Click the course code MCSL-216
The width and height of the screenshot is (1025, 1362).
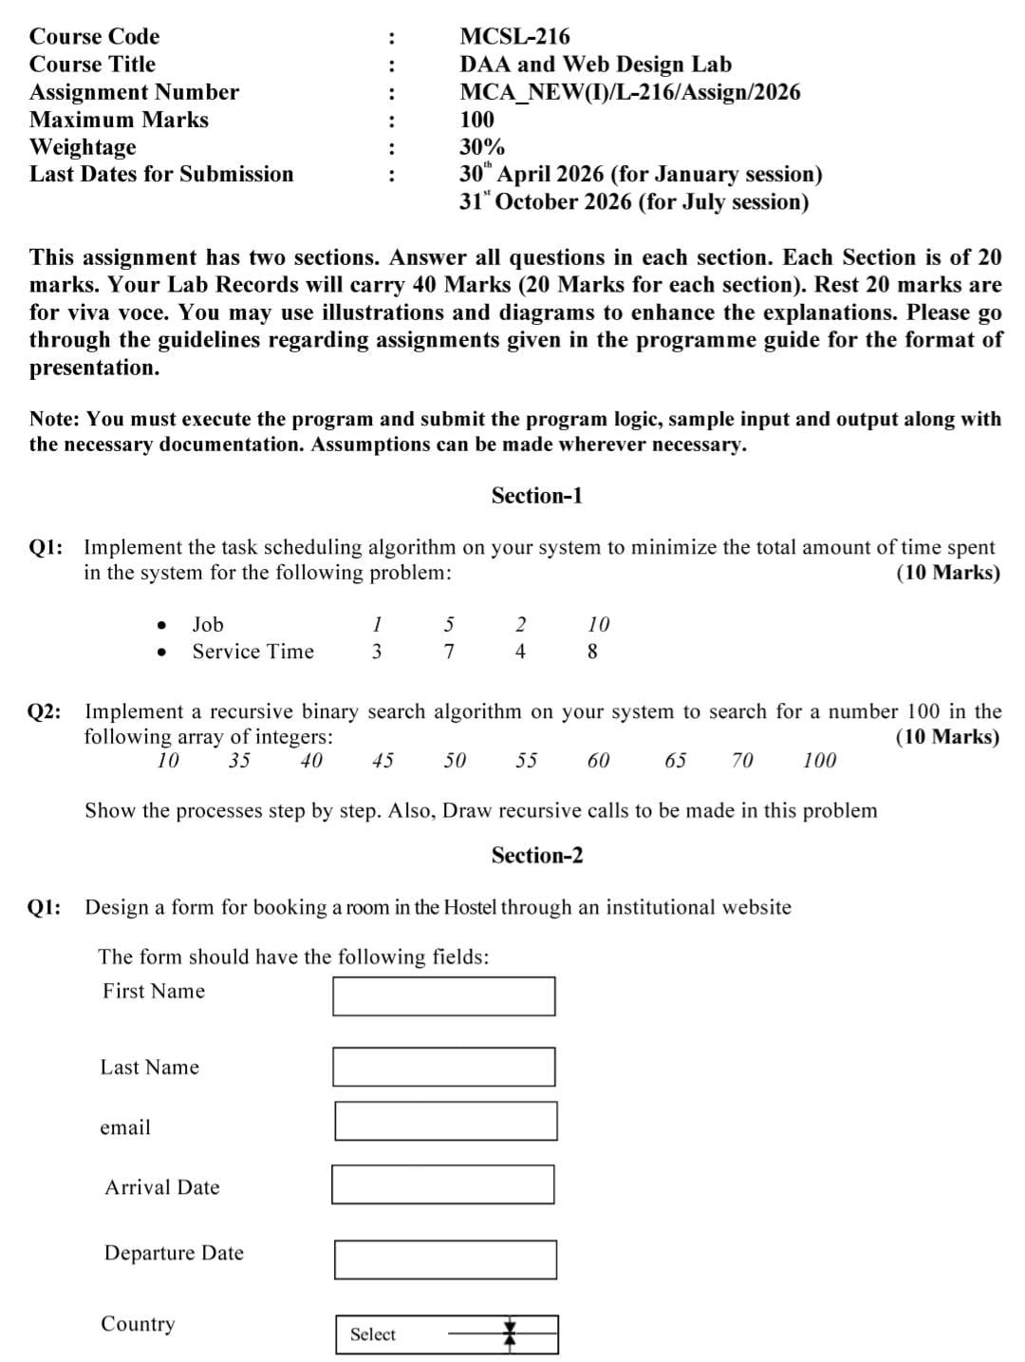514,36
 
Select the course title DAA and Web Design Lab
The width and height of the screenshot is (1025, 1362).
595,64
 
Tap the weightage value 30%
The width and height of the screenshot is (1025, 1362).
482,147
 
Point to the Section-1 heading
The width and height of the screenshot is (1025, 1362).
536,495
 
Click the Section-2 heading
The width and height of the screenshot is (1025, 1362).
536,855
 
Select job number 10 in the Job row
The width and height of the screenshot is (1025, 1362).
598,624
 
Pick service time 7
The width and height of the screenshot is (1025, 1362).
449,652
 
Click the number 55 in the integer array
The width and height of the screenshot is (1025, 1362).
526,760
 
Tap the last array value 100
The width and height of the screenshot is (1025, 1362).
819,760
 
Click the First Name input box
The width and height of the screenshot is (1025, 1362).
443,995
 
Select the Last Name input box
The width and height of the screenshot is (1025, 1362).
443,1067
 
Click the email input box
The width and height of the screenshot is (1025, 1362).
445,1121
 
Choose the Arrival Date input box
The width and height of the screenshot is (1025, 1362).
442,1184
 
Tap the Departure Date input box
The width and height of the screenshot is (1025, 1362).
445,1259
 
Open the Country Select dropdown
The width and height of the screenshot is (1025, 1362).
447,1334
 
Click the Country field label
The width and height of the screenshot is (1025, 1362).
138,1324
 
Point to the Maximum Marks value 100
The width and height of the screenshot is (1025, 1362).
476,120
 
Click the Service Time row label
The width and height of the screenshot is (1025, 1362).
252,652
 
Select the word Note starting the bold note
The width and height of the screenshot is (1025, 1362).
54,419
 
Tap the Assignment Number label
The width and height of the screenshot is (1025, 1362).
134,92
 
